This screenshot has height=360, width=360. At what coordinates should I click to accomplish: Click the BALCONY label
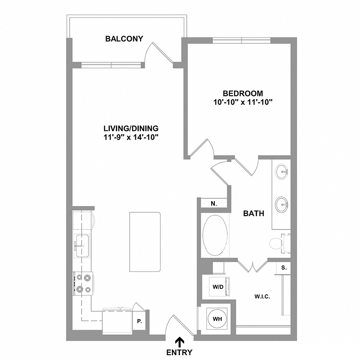[x=124, y=38]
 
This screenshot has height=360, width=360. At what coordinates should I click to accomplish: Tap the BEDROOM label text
[x=243, y=94]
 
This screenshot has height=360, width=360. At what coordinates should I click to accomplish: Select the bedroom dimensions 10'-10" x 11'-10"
[x=243, y=102]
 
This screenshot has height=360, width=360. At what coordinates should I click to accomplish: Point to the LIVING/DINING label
[x=131, y=128]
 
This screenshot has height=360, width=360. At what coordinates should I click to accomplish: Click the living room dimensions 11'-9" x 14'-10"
[x=131, y=137]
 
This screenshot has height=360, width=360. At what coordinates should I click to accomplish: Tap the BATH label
[x=254, y=214]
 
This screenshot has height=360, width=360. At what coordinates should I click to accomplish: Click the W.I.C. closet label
[x=262, y=297]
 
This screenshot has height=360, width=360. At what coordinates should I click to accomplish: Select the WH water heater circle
[x=217, y=319]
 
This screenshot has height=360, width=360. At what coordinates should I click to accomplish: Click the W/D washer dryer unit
[x=219, y=287]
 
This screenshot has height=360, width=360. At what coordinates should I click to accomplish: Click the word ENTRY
[x=179, y=352]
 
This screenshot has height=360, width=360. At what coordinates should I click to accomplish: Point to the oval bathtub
[x=215, y=235]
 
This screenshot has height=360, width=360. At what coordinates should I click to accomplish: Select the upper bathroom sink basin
[x=282, y=172]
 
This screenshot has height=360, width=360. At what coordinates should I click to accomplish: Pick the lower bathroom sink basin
[x=282, y=204]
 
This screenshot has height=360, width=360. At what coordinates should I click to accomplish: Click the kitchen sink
[x=82, y=246]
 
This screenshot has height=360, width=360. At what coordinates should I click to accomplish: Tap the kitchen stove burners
[x=83, y=284]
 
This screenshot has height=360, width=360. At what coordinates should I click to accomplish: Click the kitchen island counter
[x=145, y=242]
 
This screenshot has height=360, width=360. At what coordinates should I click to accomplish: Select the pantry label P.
[x=139, y=322]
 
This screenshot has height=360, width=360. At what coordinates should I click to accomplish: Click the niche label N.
[x=214, y=204]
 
